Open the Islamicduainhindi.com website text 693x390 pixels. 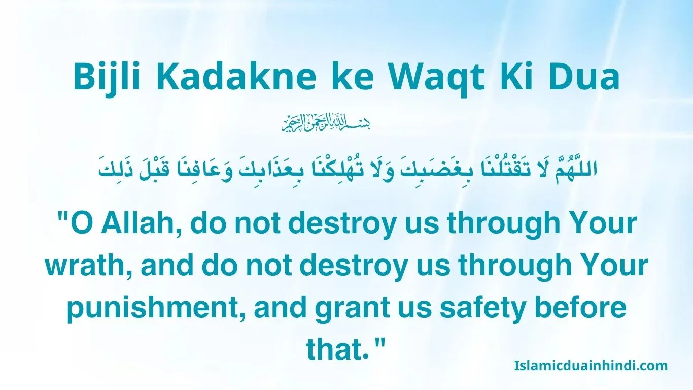pos(591,365)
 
